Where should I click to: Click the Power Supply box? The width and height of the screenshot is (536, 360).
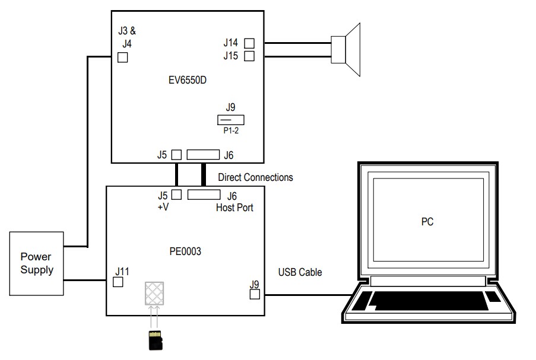tap(36, 263)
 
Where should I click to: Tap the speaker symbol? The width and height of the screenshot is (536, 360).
tap(347, 49)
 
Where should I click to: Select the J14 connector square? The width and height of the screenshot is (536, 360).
tap(249, 43)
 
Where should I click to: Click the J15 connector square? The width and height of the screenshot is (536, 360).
tap(249, 56)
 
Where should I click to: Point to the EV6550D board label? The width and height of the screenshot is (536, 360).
tap(188, 81)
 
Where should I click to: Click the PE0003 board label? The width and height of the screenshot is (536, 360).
tap(185, 251)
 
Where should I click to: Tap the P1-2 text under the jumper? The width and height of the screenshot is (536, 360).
tap(231, 131)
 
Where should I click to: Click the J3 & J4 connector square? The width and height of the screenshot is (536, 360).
tap(123, 58)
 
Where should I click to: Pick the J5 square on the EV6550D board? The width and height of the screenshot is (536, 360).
tap(176, 155)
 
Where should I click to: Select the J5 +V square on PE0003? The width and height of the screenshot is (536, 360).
tap(176, 195)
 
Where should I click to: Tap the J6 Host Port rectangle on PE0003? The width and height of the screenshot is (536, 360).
tap(204, 195)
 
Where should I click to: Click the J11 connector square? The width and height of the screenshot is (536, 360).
tap(118, 282)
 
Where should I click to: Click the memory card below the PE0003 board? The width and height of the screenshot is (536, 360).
tap(156, 341)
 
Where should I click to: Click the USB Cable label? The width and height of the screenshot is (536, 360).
tap(300, 272)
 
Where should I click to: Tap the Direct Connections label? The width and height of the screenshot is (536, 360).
tap(255, 177)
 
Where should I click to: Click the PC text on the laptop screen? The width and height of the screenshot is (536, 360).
tap(427, 222)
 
